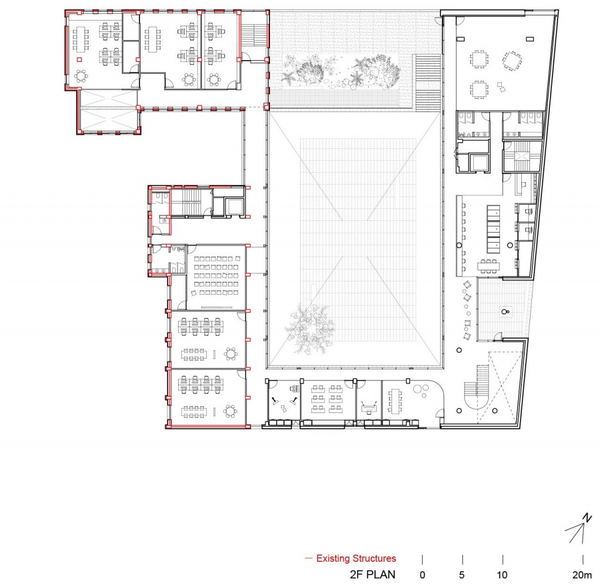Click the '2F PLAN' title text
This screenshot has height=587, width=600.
(372, 574)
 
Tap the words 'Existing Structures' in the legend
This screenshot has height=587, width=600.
(356, 558)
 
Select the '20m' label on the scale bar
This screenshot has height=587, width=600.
(582, 574)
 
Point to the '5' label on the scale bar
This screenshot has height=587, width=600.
(462, 574)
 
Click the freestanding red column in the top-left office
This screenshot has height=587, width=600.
(79, 59)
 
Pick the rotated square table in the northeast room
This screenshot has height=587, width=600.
(512, 61)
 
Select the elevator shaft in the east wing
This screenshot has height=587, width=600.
(480, 163)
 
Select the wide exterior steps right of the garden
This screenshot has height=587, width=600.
(427, 83)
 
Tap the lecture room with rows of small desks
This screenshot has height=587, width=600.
(216, 277)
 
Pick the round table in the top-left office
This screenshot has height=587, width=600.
(81, 76)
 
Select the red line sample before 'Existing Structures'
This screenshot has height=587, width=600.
(308, 558)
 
